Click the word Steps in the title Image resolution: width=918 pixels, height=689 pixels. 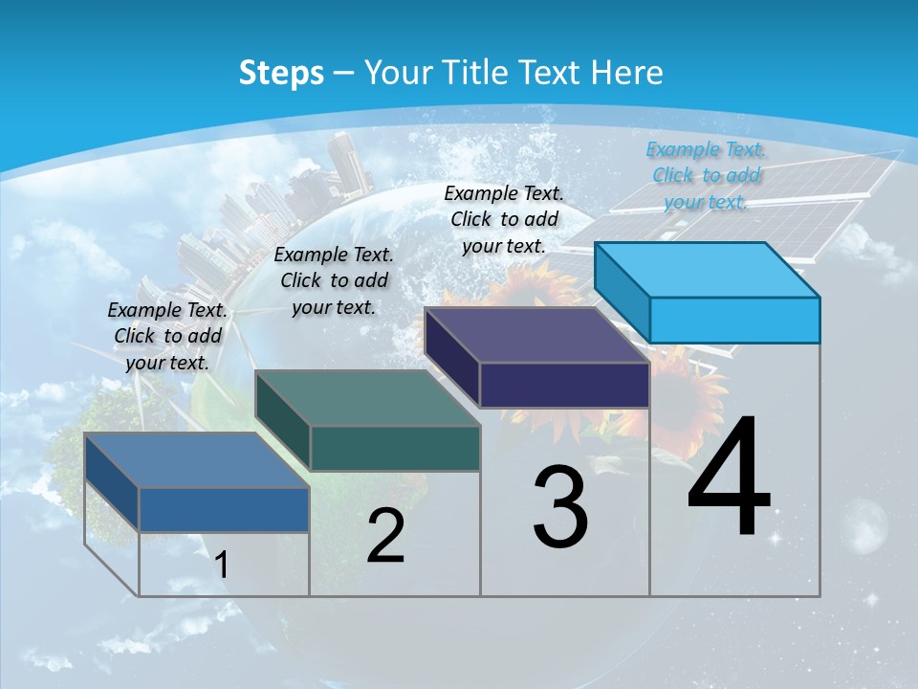[281, 73]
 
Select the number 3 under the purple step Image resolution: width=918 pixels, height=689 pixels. [560, 507]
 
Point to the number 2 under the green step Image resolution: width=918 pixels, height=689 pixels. [385, 536]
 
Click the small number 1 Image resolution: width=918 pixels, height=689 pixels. [222, 565]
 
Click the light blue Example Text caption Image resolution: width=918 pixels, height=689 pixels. [706, 175]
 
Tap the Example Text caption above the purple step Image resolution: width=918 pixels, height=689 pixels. [504, 219]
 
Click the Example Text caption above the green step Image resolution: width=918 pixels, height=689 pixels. [334, 280]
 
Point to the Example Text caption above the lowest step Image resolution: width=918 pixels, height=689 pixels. [167, 336]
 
